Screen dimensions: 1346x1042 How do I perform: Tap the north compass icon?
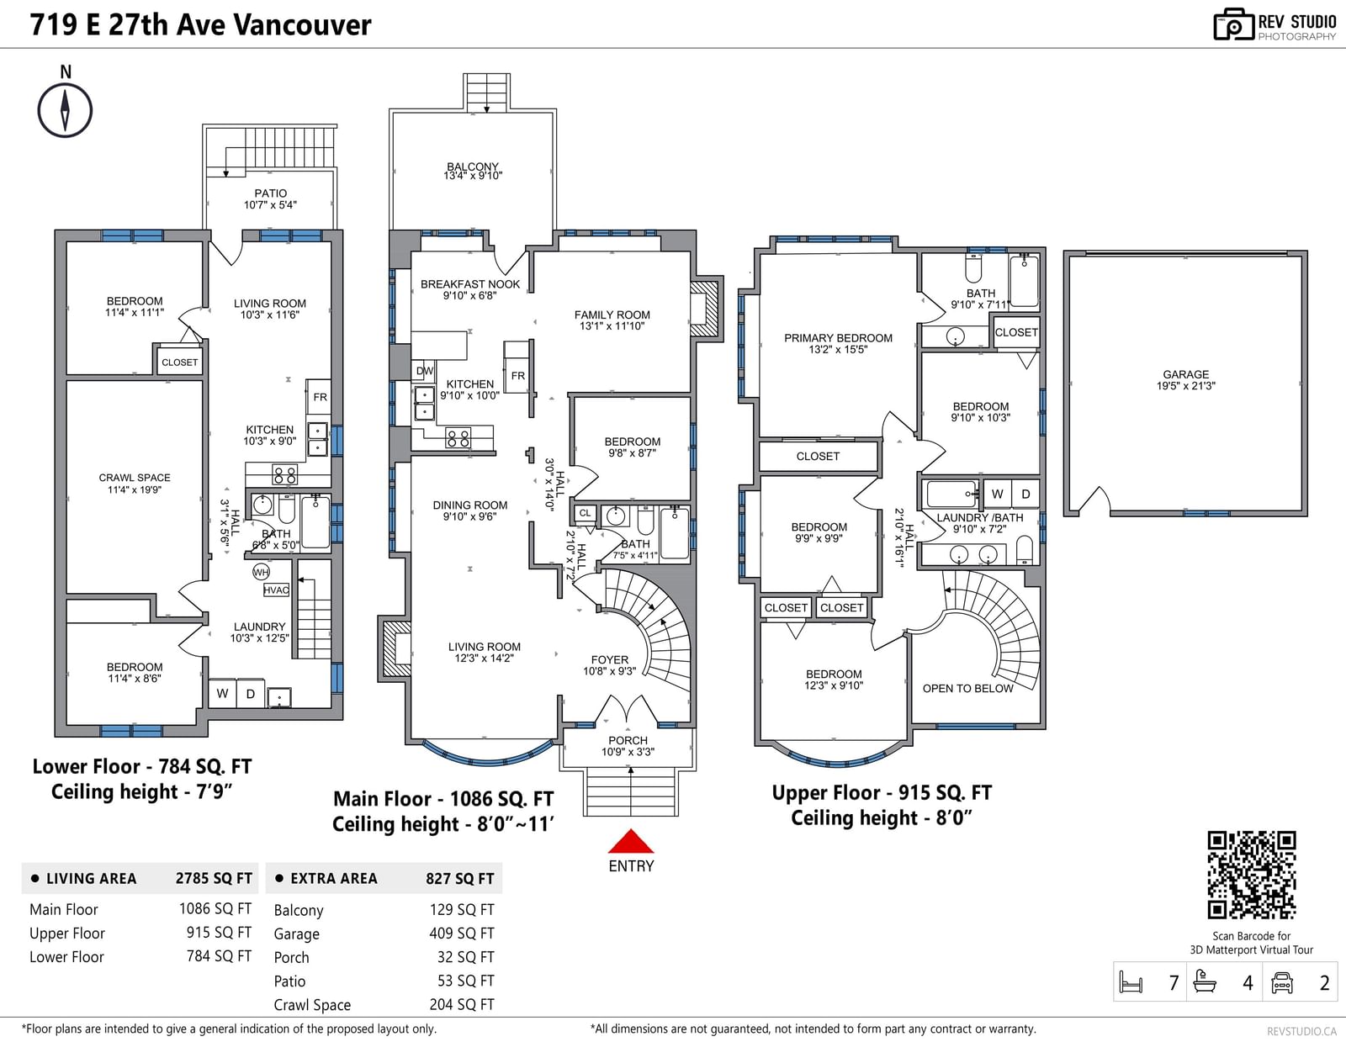pos(65,110)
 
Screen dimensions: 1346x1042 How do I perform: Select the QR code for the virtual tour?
pos(1251,875)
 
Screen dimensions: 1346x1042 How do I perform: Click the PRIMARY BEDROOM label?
pos(838,338)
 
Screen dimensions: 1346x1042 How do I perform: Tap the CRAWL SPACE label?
pos(135,478)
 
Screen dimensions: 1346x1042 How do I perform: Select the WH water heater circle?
pos(261,572)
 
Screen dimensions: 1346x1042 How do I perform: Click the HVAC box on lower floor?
pos(276,590)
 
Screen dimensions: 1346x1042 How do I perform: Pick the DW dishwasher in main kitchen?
pos(424,371)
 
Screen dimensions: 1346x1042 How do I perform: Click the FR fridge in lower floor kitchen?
pos(320,397)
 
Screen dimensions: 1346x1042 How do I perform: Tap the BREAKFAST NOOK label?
pos(470,284)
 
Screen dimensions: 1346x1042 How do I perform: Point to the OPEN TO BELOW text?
pos(967,689)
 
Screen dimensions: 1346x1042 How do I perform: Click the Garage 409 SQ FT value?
pos(462,933)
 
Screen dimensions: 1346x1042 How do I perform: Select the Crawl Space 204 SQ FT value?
pos(462,1004)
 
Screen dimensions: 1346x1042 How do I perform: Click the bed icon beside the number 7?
pos(1131,982)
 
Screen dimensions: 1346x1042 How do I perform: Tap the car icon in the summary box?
pos(1281,982)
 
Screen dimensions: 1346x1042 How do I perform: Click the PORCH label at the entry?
pos(628,740)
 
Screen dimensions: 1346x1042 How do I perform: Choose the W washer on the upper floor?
pos(997,494)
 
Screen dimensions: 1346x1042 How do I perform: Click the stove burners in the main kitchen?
pos(458,439)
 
